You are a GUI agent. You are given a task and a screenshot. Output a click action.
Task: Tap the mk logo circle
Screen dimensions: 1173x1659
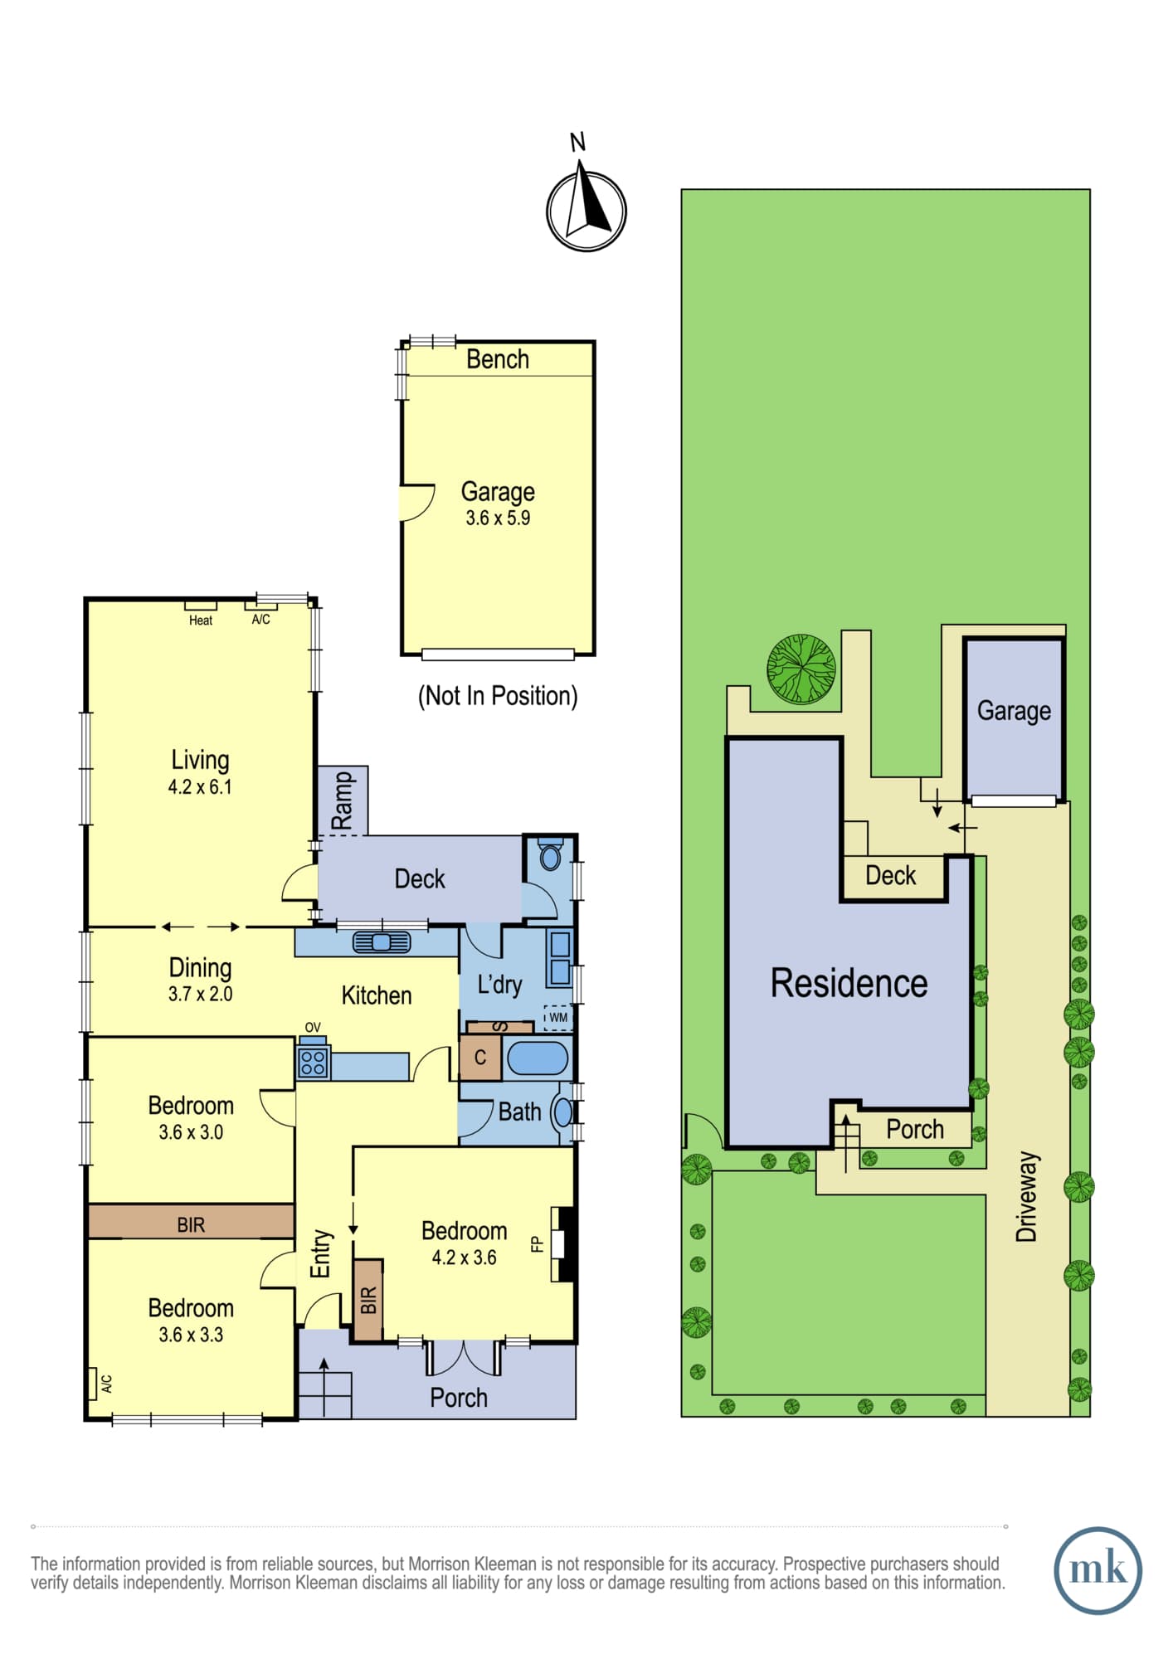tap(1098, 1570)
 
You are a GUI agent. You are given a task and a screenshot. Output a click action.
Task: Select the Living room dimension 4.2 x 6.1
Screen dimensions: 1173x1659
tap(200, 787)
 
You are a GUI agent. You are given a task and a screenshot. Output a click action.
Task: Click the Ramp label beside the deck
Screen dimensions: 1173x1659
tap(342, 800)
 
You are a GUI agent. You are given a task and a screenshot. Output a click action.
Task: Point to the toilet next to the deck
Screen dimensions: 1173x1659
tap(550, 855)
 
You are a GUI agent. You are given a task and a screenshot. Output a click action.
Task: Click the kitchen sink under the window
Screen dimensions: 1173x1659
tap(382, 942)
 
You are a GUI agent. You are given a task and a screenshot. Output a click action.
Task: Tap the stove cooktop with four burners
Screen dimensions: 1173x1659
tap(313, 1063)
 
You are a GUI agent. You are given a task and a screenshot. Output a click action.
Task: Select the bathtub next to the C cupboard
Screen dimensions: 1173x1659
tap(538, 1059)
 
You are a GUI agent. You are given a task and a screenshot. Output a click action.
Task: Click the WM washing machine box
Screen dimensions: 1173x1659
tap(557, 1018)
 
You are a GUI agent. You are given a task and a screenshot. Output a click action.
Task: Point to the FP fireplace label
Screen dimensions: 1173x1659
tap(537, 1244)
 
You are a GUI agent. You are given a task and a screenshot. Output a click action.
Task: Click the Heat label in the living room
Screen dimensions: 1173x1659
tap(201, 620)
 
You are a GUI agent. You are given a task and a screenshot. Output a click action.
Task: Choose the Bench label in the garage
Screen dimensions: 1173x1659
tap(498, 359)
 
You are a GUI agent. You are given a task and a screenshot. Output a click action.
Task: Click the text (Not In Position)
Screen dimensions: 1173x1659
tap(498, 695)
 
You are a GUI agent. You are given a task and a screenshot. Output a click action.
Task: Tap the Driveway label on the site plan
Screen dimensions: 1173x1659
tap(1027, 1196)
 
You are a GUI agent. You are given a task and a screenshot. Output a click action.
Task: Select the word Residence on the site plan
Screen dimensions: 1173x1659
tap(849, 983)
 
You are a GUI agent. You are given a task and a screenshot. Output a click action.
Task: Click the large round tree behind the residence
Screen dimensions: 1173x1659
tap(801, 669)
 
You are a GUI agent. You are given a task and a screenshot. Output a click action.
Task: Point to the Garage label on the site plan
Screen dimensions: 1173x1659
tap(1014, 711)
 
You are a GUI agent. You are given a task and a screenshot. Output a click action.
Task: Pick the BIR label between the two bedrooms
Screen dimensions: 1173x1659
tap(191, 1225)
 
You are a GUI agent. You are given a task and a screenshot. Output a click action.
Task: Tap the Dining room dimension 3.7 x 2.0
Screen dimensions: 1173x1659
tap(200, 994)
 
